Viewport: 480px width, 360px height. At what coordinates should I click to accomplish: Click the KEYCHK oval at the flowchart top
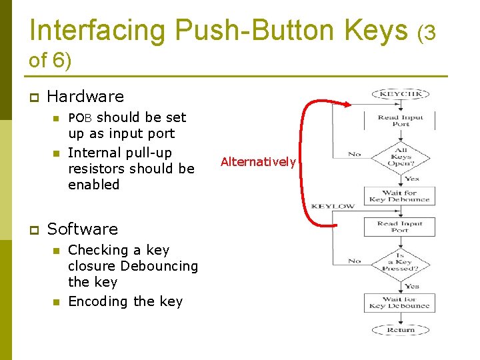point(400,95)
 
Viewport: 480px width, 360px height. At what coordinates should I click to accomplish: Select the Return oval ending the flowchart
point(400,329)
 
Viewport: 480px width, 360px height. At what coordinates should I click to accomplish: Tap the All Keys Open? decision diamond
point(401,157)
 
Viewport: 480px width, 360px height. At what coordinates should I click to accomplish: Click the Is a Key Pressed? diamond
point(400,264)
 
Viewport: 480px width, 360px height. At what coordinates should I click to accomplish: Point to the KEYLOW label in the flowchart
point(333,207)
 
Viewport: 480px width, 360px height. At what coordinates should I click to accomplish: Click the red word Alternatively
point(258,162)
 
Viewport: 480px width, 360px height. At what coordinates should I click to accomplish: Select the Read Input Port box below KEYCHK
point(400,121)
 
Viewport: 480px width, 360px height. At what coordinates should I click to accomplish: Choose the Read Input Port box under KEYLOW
point(400,227)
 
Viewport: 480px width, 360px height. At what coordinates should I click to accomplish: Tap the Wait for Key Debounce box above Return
point(400,303)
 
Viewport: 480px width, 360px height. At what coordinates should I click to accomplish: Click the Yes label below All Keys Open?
point(411,179)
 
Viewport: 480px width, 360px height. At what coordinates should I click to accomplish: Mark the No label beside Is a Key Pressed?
point(354,261)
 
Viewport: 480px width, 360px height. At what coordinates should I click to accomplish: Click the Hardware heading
point(85,97)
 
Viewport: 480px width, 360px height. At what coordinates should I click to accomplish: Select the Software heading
point(82,229)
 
